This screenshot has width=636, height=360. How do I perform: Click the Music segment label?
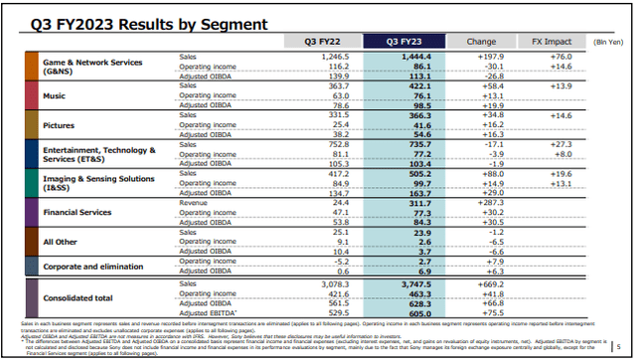pos(56,96)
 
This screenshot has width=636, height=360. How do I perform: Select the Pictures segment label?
pos(59,126)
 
